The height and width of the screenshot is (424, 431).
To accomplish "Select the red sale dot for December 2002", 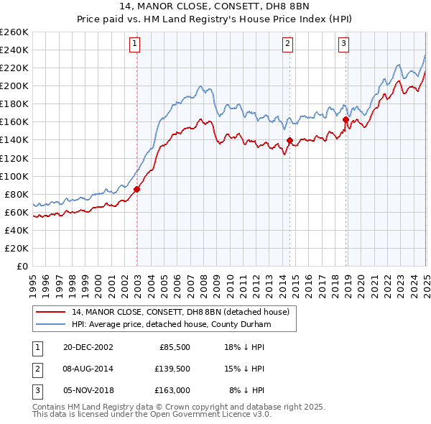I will point(136,189).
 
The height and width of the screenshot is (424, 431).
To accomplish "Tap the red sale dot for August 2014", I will point(289,140).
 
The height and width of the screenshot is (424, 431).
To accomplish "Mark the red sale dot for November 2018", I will point(346,119).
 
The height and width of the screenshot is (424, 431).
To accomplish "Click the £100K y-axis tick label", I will point(14,176).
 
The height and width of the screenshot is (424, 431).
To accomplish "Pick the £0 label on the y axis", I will point(21,266).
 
